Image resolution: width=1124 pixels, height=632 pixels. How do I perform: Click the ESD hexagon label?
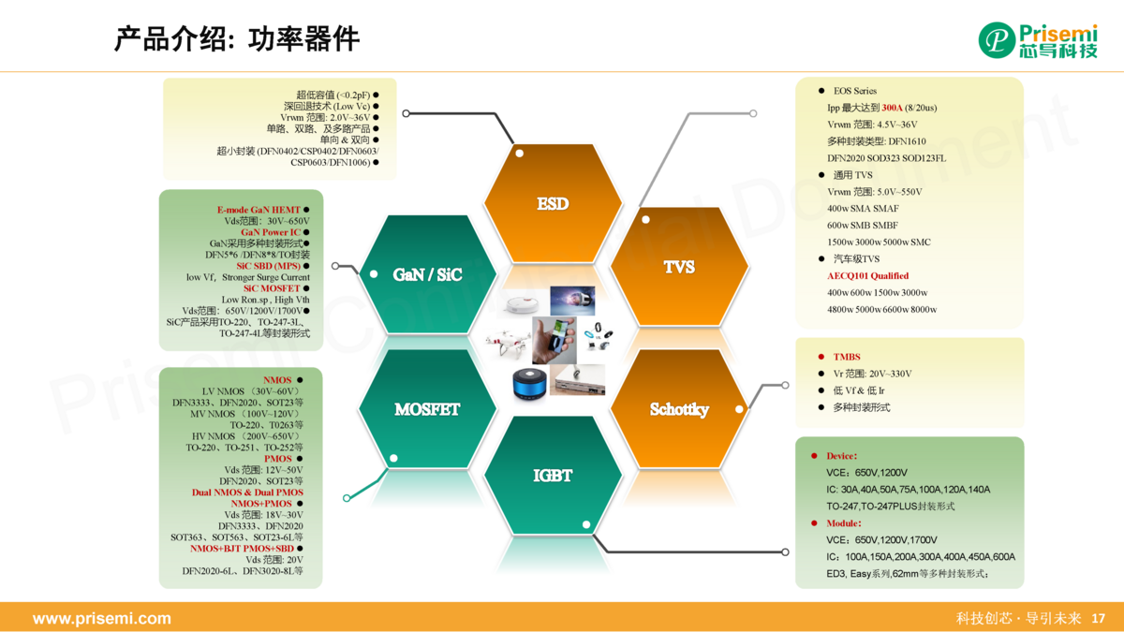[553, 203]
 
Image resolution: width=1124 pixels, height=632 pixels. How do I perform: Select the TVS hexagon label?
[679, 267]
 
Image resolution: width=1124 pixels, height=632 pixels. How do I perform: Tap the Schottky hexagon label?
[679, 409]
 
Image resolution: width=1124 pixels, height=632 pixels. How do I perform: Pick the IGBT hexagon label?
[553, 475]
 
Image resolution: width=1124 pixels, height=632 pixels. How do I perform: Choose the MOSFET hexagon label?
[427, 409]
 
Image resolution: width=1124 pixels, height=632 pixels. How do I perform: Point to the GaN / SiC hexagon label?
[427, 275]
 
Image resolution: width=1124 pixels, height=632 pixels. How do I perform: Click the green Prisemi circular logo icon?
[997, 39]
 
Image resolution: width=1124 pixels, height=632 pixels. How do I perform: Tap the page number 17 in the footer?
[1099, 619]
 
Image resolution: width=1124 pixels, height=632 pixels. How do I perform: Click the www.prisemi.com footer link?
[102, 619]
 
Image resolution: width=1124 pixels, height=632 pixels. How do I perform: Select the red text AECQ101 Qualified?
[867, 276]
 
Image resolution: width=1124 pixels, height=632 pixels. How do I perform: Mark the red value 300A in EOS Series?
[893, 108]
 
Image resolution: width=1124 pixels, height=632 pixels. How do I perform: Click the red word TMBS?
[847, 357]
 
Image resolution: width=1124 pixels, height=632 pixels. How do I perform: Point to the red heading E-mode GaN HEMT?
[259, 210]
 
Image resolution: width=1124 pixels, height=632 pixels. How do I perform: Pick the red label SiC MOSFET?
[272, 288]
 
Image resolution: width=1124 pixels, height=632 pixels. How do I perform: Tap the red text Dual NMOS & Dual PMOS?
[247, 492]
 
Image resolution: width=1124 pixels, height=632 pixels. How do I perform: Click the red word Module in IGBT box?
[843, 523]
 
